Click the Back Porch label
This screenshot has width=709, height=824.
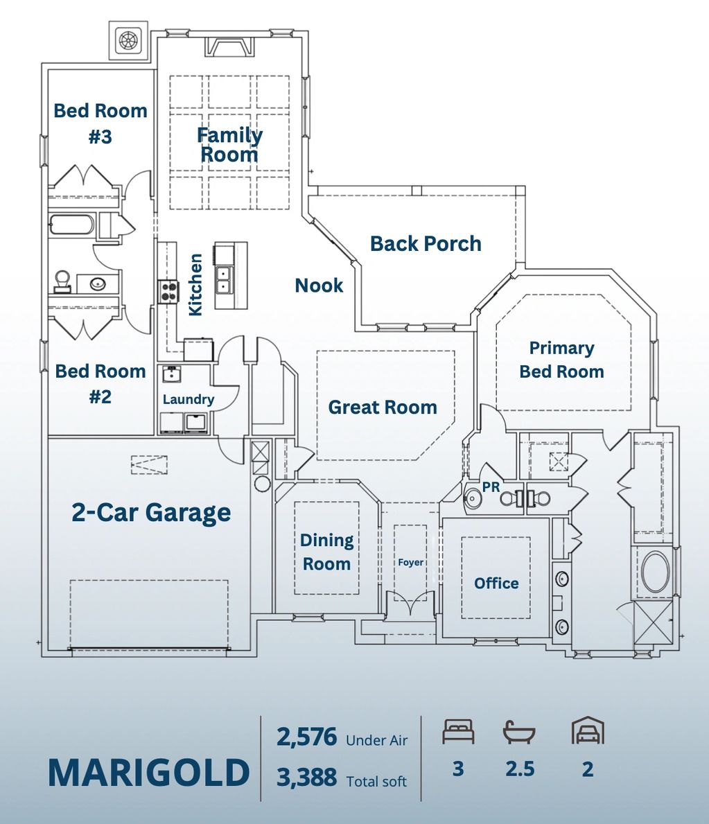tap(426, 244)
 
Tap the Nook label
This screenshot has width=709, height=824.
tap(319, 286)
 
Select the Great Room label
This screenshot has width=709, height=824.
tap(383, 407)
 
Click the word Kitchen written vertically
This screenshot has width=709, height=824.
tap(196, 285)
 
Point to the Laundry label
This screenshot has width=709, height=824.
tap(188, 399)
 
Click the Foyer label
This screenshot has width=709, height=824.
tap(410, 562)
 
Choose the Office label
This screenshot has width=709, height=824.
tap(496, 584)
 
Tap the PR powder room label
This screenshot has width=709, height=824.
tap(491, 487)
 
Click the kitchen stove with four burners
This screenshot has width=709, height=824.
tap(169, 291)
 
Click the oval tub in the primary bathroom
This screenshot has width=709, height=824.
tap(655, 572)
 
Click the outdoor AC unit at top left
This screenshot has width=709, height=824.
tap(129, 40)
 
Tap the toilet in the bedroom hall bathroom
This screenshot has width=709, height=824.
tap(62, 281)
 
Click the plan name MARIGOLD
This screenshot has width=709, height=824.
tap(148, 773)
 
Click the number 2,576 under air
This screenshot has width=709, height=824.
tap(306, 737)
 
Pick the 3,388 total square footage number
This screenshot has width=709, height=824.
tap(306, 778)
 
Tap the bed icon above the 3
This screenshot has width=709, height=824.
tap(458, 732)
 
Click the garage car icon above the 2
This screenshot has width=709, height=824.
tap(588, 731)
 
